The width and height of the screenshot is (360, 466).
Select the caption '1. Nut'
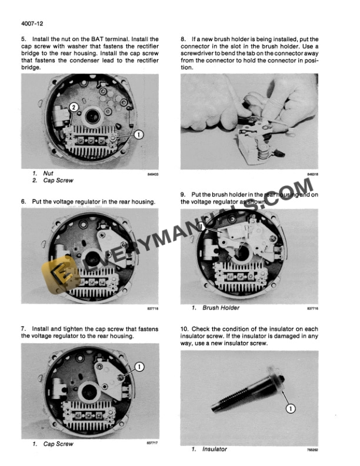tap(43, 174)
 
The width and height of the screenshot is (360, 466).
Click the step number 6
tap(23, 201)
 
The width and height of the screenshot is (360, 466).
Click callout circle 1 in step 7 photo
tap(139, 366)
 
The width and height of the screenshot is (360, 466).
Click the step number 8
tap(183, 39)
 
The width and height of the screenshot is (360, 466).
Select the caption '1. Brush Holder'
tap(216, 307)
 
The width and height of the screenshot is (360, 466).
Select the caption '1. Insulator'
tap(210, 449)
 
